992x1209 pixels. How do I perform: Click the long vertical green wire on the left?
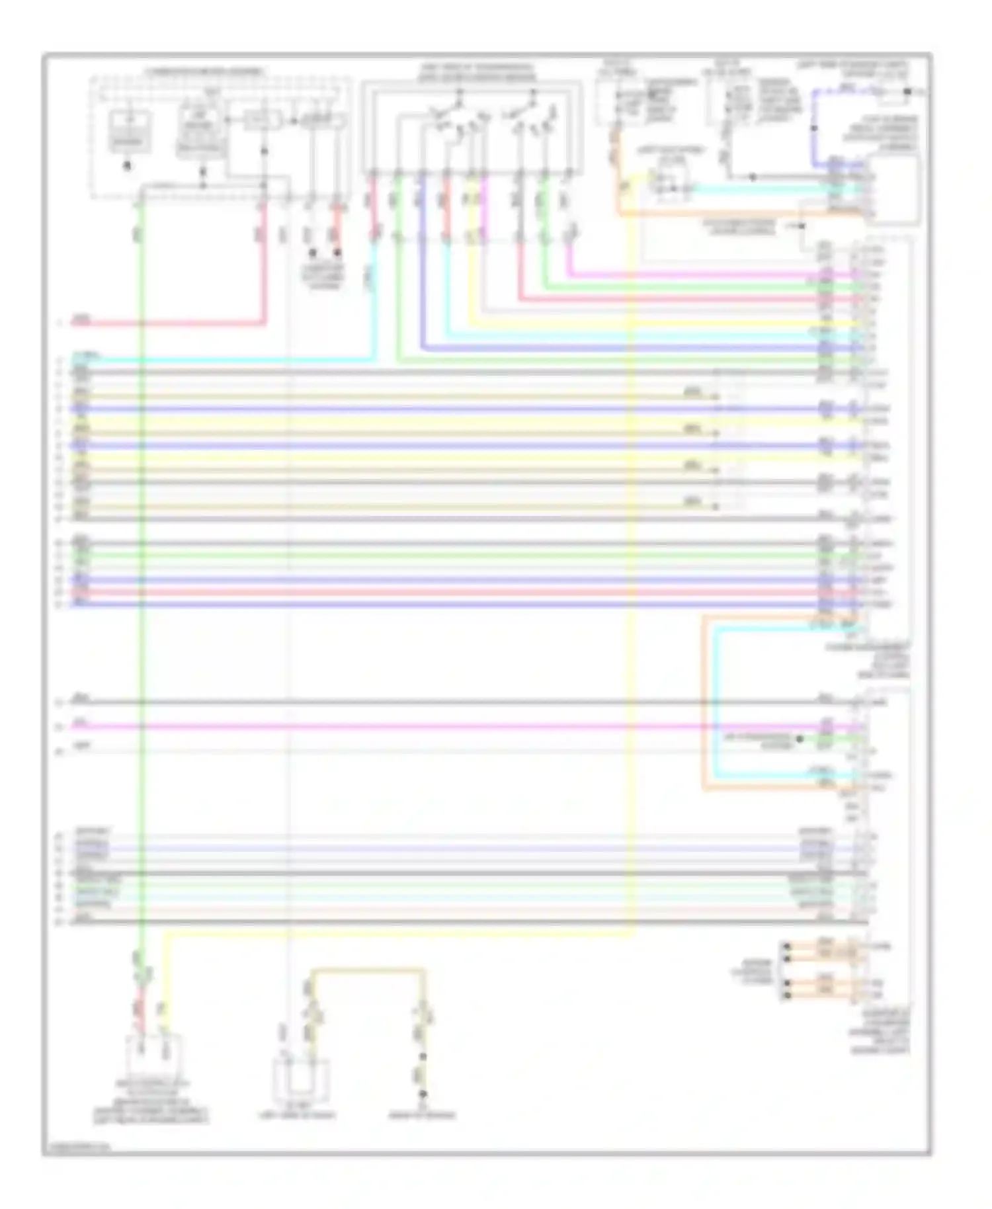click(x=141, y=595)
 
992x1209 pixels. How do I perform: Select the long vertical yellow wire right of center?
click(x=632, y=595)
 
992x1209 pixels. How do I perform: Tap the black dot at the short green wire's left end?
click(x=800, y=738)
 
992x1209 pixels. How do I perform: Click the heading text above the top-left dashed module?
click(x=204, y=71)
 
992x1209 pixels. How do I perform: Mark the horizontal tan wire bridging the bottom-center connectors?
click(x=367, y=970)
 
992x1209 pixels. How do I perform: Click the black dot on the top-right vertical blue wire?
click(x=814, y=128)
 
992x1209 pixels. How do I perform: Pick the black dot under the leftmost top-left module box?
click(x=128, y=165)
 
